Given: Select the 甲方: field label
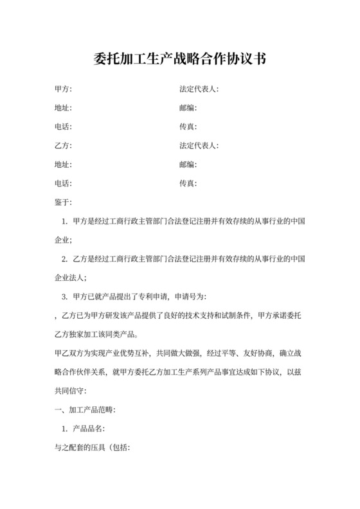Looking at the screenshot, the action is (x=64, y=89).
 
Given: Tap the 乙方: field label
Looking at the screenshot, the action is (x=64, y=146).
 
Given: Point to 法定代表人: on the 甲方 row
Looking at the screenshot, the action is (x=199, y=89).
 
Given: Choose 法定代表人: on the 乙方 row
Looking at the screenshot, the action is (x=199, y=146).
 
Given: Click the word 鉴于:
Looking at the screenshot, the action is (x=64, y=202).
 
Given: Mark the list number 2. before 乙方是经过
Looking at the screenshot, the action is (x=64, y=259).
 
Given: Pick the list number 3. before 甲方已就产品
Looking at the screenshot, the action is (x=64, y=296).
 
